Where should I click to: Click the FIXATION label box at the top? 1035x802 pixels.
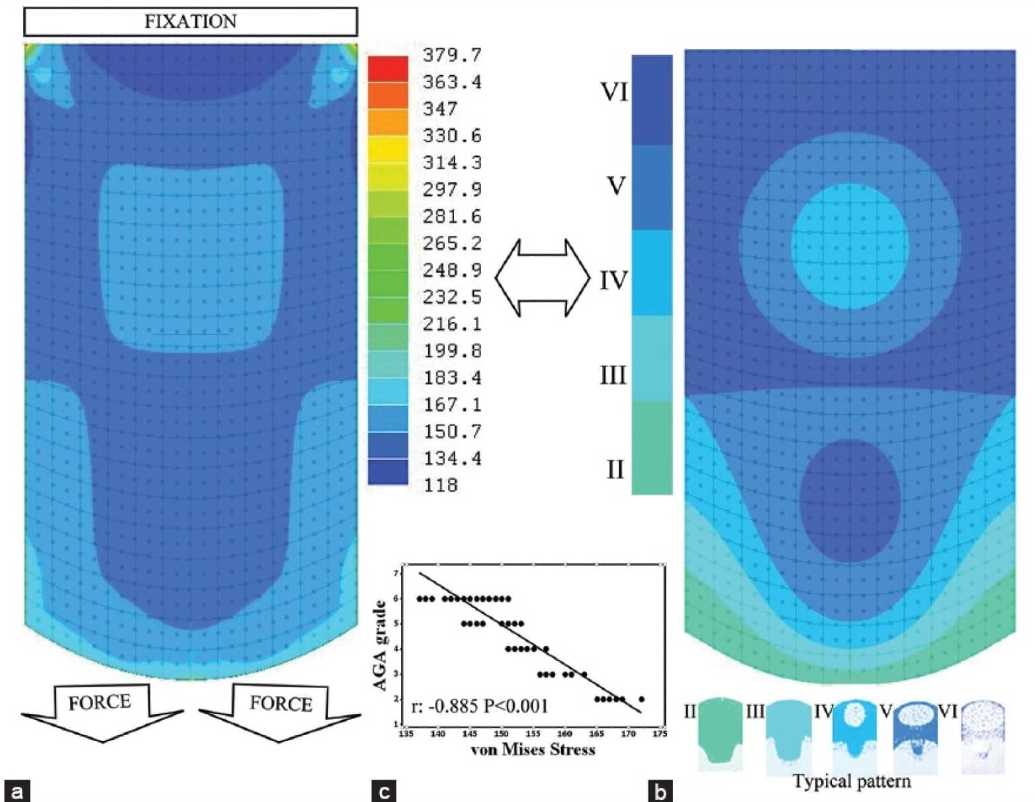point(191,21)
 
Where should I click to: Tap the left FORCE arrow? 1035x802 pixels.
point(101,711)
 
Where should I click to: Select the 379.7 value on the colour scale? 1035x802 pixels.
point(452,55)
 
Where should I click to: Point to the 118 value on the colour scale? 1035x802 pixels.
point(441,485)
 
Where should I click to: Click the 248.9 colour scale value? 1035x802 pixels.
point(452,270)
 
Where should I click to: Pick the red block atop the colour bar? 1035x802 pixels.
point(388,69)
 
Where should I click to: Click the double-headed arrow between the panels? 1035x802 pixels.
point(542,278)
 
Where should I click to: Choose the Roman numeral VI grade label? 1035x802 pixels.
point(614,92)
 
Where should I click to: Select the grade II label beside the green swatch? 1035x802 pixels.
point(615,469)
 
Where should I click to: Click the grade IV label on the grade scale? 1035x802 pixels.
point(613,281)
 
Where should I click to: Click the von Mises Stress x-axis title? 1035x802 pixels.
point(533,750)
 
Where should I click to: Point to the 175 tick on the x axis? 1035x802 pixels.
point(659,734)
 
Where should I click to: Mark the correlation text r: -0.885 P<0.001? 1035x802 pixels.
point(480,706)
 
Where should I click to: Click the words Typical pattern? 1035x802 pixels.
point(852,781)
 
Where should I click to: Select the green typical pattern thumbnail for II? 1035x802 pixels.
point(720,735)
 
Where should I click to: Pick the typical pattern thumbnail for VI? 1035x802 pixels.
point(983,736)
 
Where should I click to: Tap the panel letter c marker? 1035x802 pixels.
point(384,791)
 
